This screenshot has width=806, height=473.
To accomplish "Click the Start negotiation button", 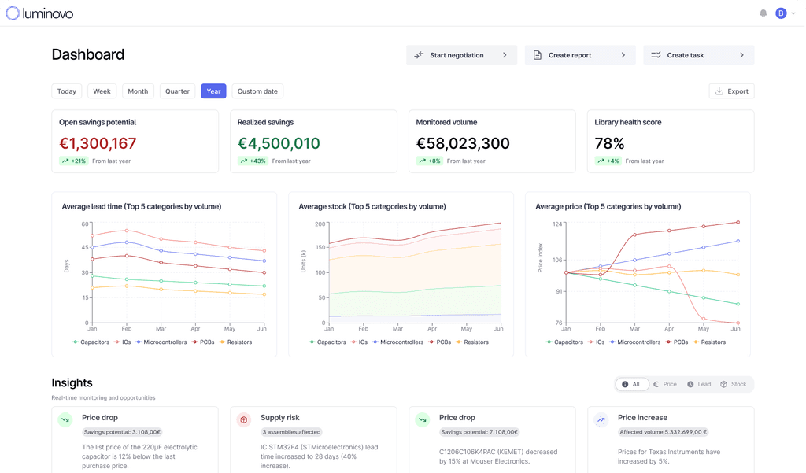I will coord(461,55).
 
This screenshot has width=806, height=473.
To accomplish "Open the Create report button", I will coord(579,55).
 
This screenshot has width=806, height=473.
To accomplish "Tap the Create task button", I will coord(698,55).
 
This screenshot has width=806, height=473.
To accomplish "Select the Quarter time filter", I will coord(177,91).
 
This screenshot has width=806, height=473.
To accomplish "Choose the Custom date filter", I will coord(257,91).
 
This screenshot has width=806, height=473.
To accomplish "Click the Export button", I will coord(731,91).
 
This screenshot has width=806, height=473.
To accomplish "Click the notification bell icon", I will coord(763,13).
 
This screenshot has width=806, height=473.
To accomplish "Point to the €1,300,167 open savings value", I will coord(98,143).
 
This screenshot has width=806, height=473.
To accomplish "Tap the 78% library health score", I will coord(609,143).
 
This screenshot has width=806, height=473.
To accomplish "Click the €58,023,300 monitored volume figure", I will coord(463,143).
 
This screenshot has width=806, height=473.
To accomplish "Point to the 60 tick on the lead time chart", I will coord(85,224).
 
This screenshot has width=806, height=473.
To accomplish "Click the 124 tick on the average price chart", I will coord(557,224).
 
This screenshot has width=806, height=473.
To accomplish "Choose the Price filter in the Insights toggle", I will coord(665,384).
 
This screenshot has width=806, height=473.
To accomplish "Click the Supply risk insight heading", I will coord(279,418).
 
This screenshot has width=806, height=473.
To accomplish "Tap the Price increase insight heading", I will coord(642,418).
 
